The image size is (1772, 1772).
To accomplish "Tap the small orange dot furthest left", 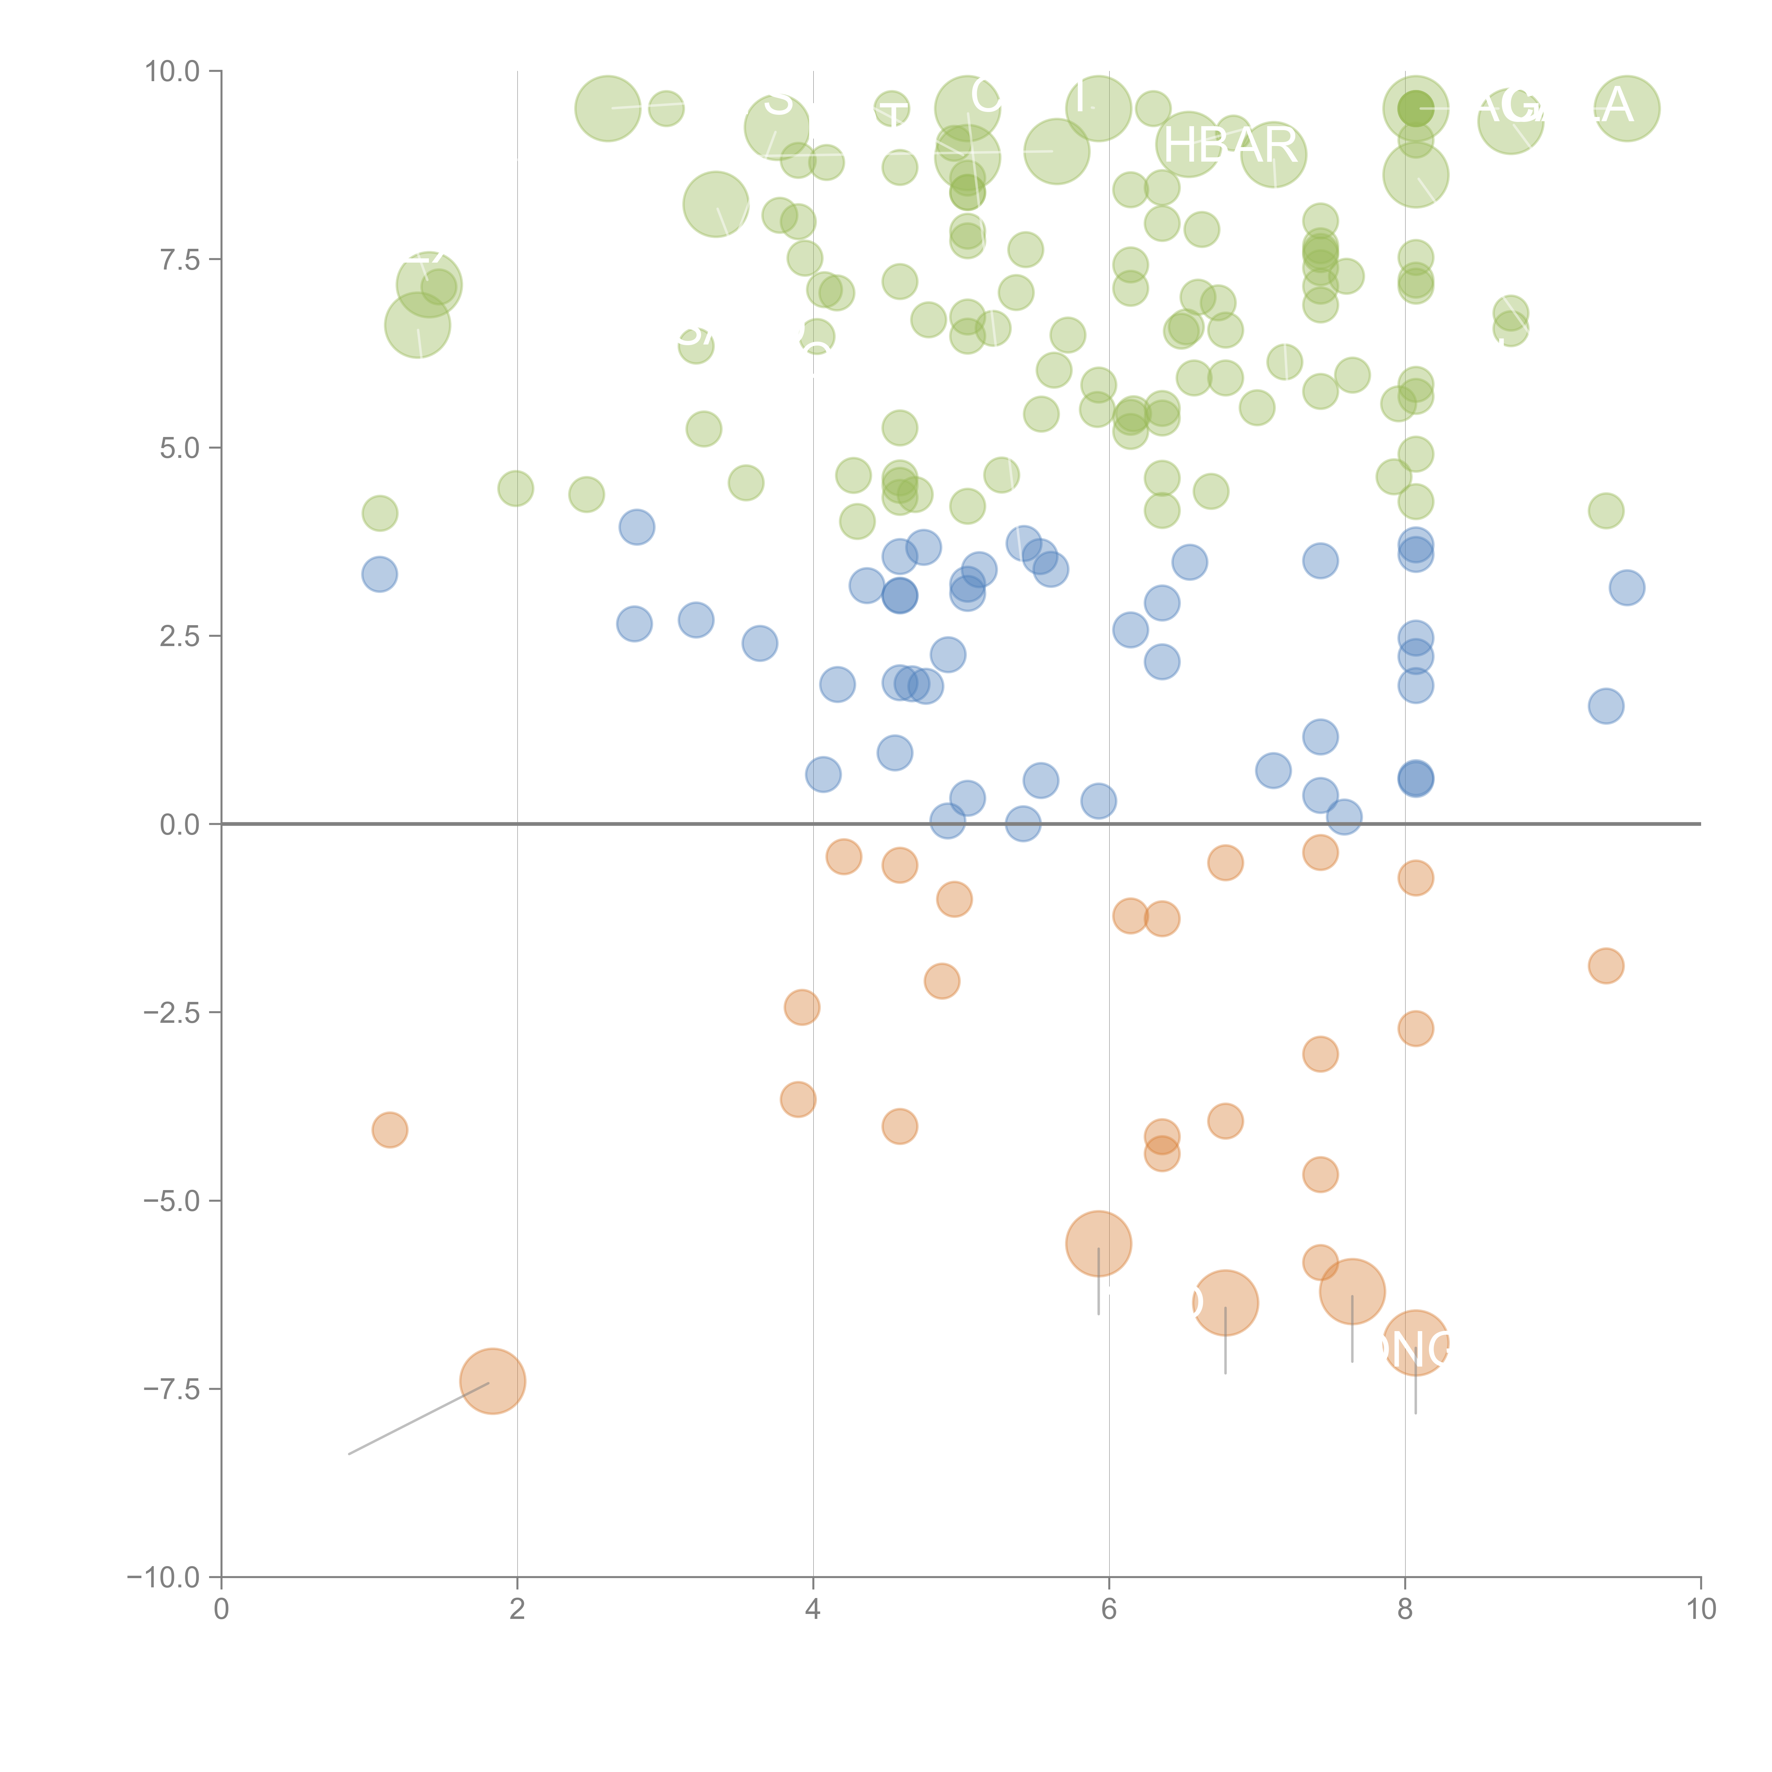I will pos(390,1130).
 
